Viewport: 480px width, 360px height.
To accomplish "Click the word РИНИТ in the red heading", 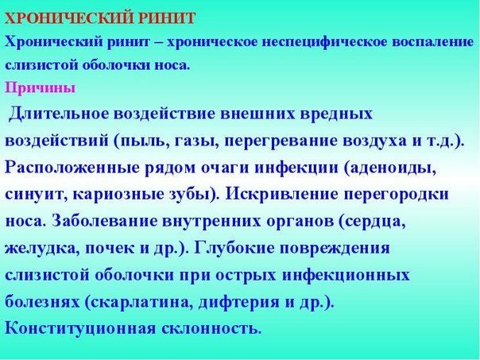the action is [167, 18].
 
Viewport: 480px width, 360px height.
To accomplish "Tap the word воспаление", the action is [432, 42].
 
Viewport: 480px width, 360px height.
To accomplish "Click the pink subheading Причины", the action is [40, 88].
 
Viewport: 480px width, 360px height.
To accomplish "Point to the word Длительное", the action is [59, 114].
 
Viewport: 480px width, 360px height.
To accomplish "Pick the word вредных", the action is [336, 114].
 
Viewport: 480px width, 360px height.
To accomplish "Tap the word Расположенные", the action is [72, 168].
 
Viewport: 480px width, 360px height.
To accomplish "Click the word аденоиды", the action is [393, 168].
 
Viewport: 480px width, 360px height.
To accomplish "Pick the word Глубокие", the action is [236, 249].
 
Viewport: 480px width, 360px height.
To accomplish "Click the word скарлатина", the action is [141, 303].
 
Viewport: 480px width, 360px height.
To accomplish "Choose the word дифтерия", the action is [239, 303].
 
